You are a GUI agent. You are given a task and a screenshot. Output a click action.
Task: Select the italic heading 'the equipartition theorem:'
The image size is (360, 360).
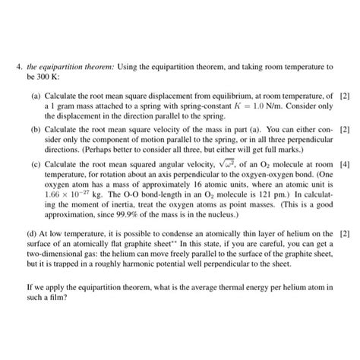(x=74, y=68)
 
